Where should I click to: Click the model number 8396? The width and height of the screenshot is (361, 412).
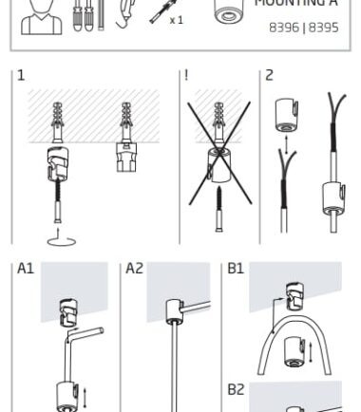284,28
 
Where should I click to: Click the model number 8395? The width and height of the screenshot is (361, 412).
324,28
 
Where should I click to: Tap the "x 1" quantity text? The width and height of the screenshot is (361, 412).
177,20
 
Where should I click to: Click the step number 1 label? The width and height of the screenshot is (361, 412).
21,75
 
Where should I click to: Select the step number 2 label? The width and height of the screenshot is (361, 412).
269,75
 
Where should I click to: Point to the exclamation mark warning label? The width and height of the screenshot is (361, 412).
186,75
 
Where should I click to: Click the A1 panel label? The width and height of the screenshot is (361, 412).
26,269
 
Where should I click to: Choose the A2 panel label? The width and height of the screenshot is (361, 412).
135,269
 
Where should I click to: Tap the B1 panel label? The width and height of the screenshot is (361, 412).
236,269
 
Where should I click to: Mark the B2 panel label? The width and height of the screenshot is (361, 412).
236,389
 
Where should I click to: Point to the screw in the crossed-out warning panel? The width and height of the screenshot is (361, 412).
219,209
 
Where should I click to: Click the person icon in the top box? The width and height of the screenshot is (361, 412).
42,16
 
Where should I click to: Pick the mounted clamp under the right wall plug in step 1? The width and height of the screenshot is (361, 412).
126,158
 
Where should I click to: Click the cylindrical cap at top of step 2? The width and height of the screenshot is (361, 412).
287,115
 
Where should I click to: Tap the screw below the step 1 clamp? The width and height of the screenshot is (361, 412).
58,201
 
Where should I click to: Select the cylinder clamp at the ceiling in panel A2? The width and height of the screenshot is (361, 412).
174,311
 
